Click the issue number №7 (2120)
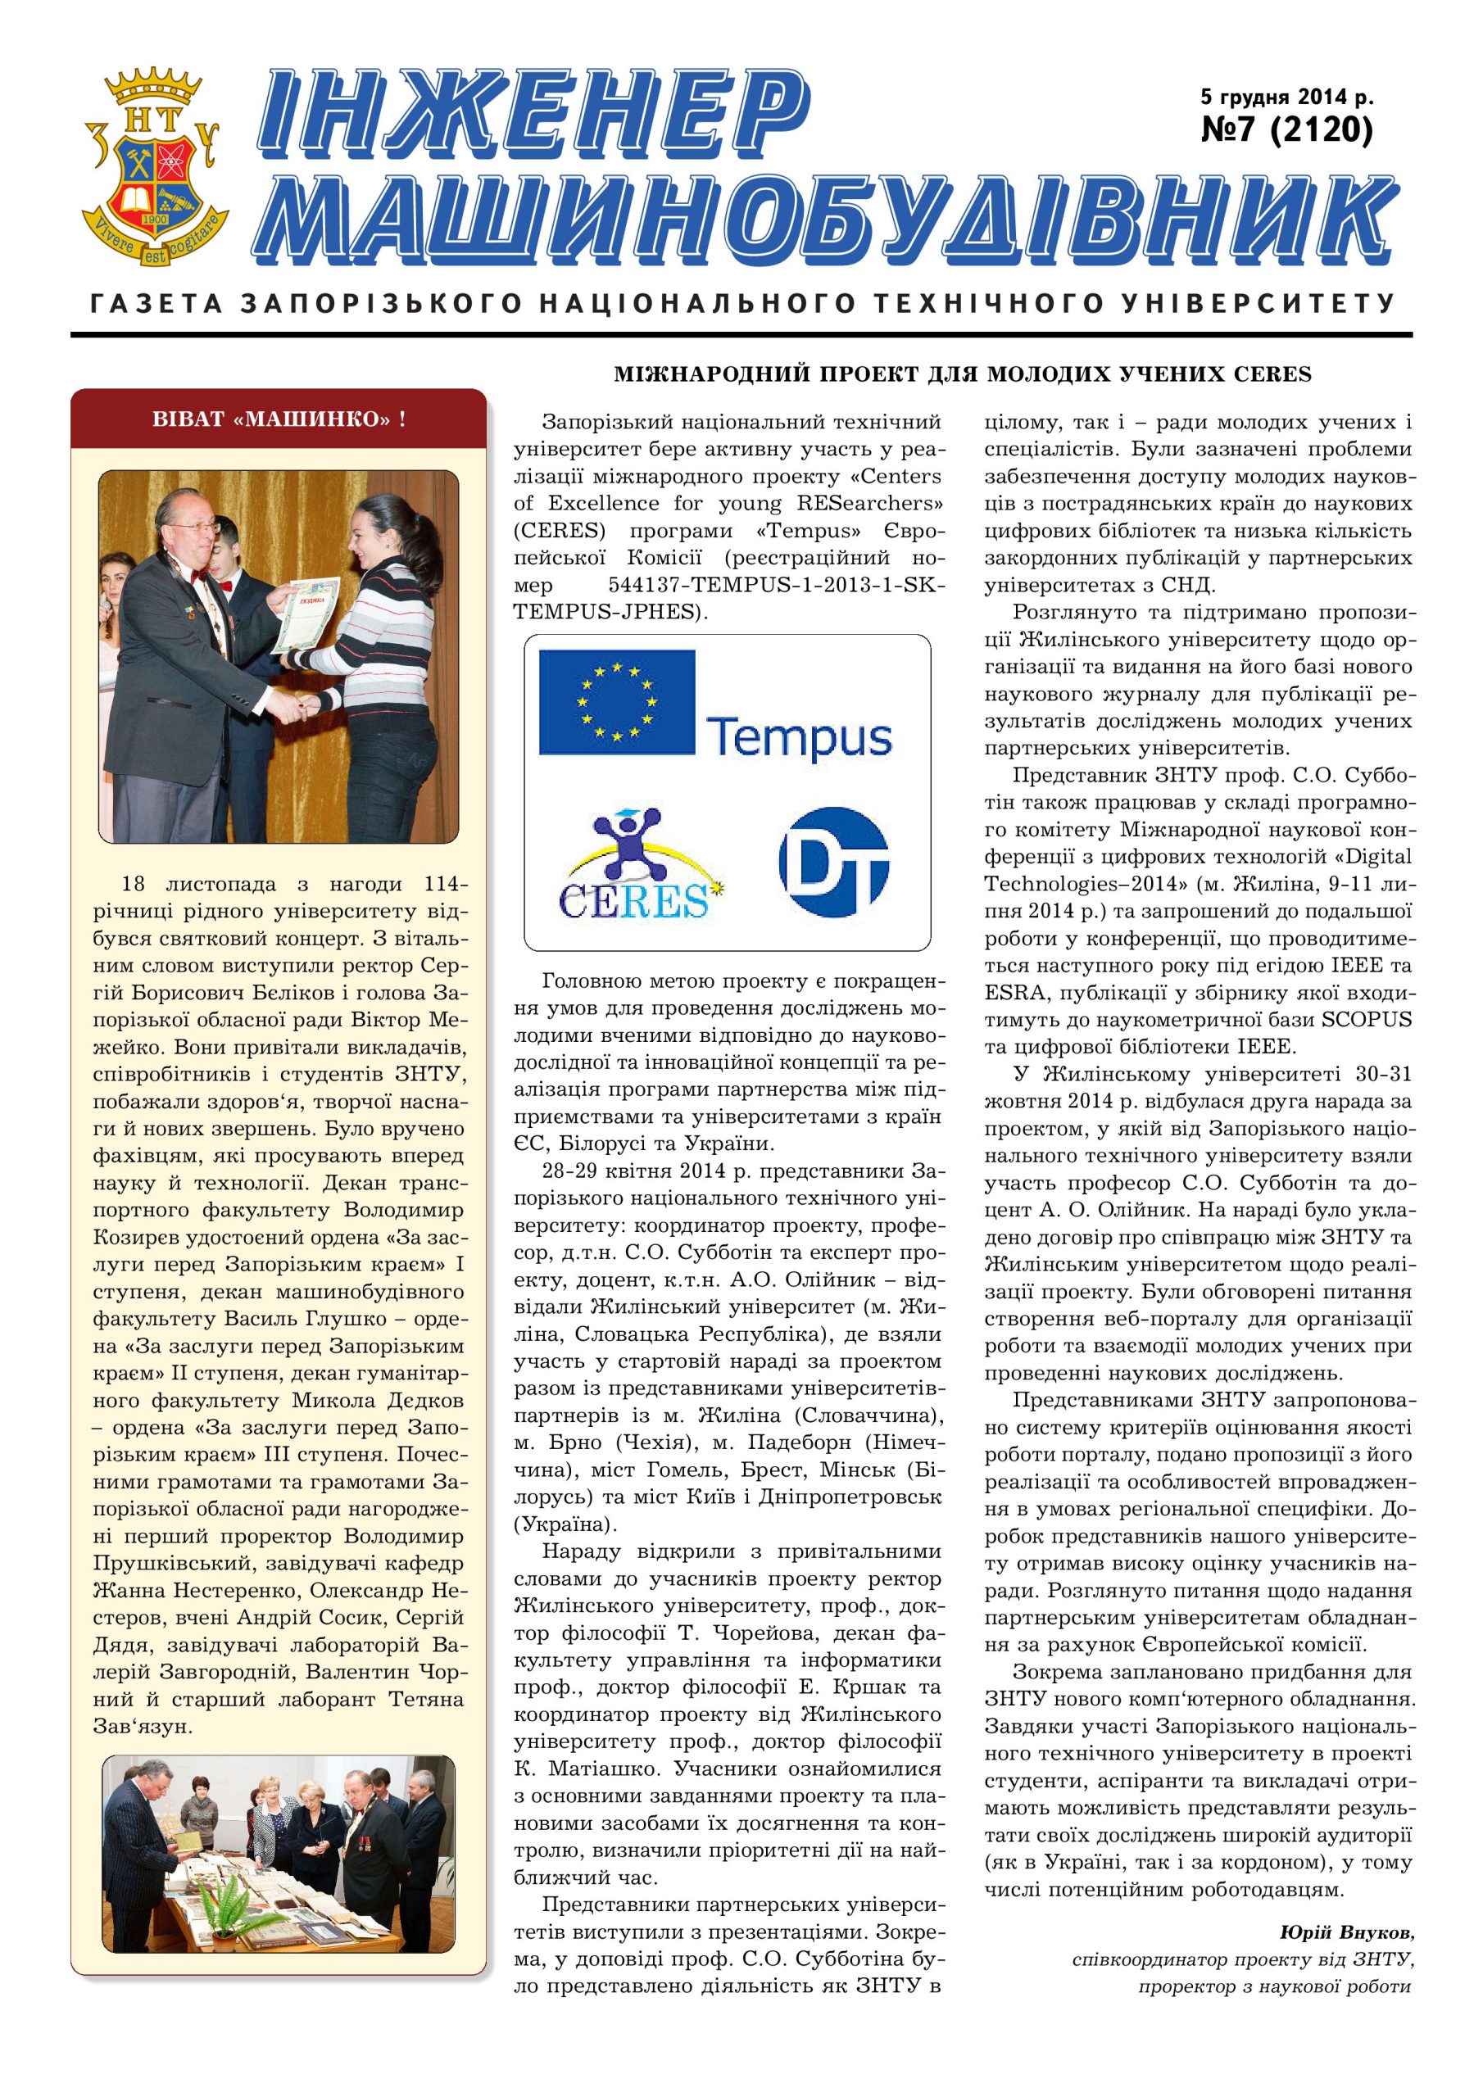point(1286,130)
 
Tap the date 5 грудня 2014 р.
point(1286,96)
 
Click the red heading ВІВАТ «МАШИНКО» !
point(279,419)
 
